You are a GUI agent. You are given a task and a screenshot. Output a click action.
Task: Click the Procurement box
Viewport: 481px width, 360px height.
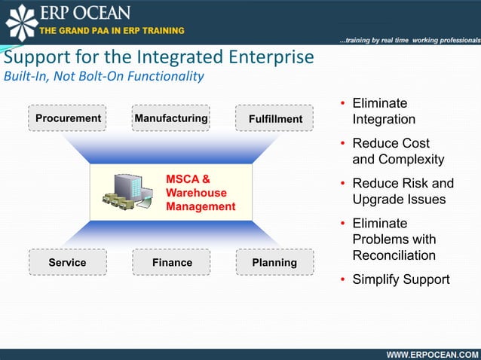coord(68,118)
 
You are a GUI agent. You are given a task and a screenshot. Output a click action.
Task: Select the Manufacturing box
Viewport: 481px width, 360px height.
coord(171,118)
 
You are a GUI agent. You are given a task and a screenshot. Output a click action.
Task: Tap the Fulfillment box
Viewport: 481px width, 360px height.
coord(275,119)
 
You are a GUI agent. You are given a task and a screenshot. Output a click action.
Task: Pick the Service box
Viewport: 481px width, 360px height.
coord(68,263)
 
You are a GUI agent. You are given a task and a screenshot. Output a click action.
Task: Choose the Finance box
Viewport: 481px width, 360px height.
coord(171,263)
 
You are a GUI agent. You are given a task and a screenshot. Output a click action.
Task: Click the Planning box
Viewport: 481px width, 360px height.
coord(275,263)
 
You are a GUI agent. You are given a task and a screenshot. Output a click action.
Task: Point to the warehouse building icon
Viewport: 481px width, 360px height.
coord(127,193)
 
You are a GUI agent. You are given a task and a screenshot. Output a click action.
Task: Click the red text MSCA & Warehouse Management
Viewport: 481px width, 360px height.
coord(200,193)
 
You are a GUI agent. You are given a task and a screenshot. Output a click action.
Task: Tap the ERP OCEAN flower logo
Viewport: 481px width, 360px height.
coord(20,21)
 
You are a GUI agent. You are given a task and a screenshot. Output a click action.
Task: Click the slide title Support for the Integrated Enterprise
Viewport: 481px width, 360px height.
coord(158,57)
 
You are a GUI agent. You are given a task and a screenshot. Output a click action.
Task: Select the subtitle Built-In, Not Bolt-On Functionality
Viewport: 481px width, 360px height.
coord(103,76)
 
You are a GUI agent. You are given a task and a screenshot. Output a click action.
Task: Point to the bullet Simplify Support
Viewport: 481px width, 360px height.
coord(400,279)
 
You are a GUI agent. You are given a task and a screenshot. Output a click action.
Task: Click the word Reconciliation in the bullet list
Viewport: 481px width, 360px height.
coord(394,255)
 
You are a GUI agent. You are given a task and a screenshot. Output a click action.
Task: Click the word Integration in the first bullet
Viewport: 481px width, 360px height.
coord(384,120)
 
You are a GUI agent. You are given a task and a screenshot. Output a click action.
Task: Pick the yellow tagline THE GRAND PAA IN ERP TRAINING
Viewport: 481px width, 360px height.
coord(112,30)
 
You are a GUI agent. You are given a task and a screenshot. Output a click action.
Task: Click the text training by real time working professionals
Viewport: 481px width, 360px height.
coord(409,39)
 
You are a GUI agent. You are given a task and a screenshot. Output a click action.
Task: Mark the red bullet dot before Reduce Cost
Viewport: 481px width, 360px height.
coord(343,144)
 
